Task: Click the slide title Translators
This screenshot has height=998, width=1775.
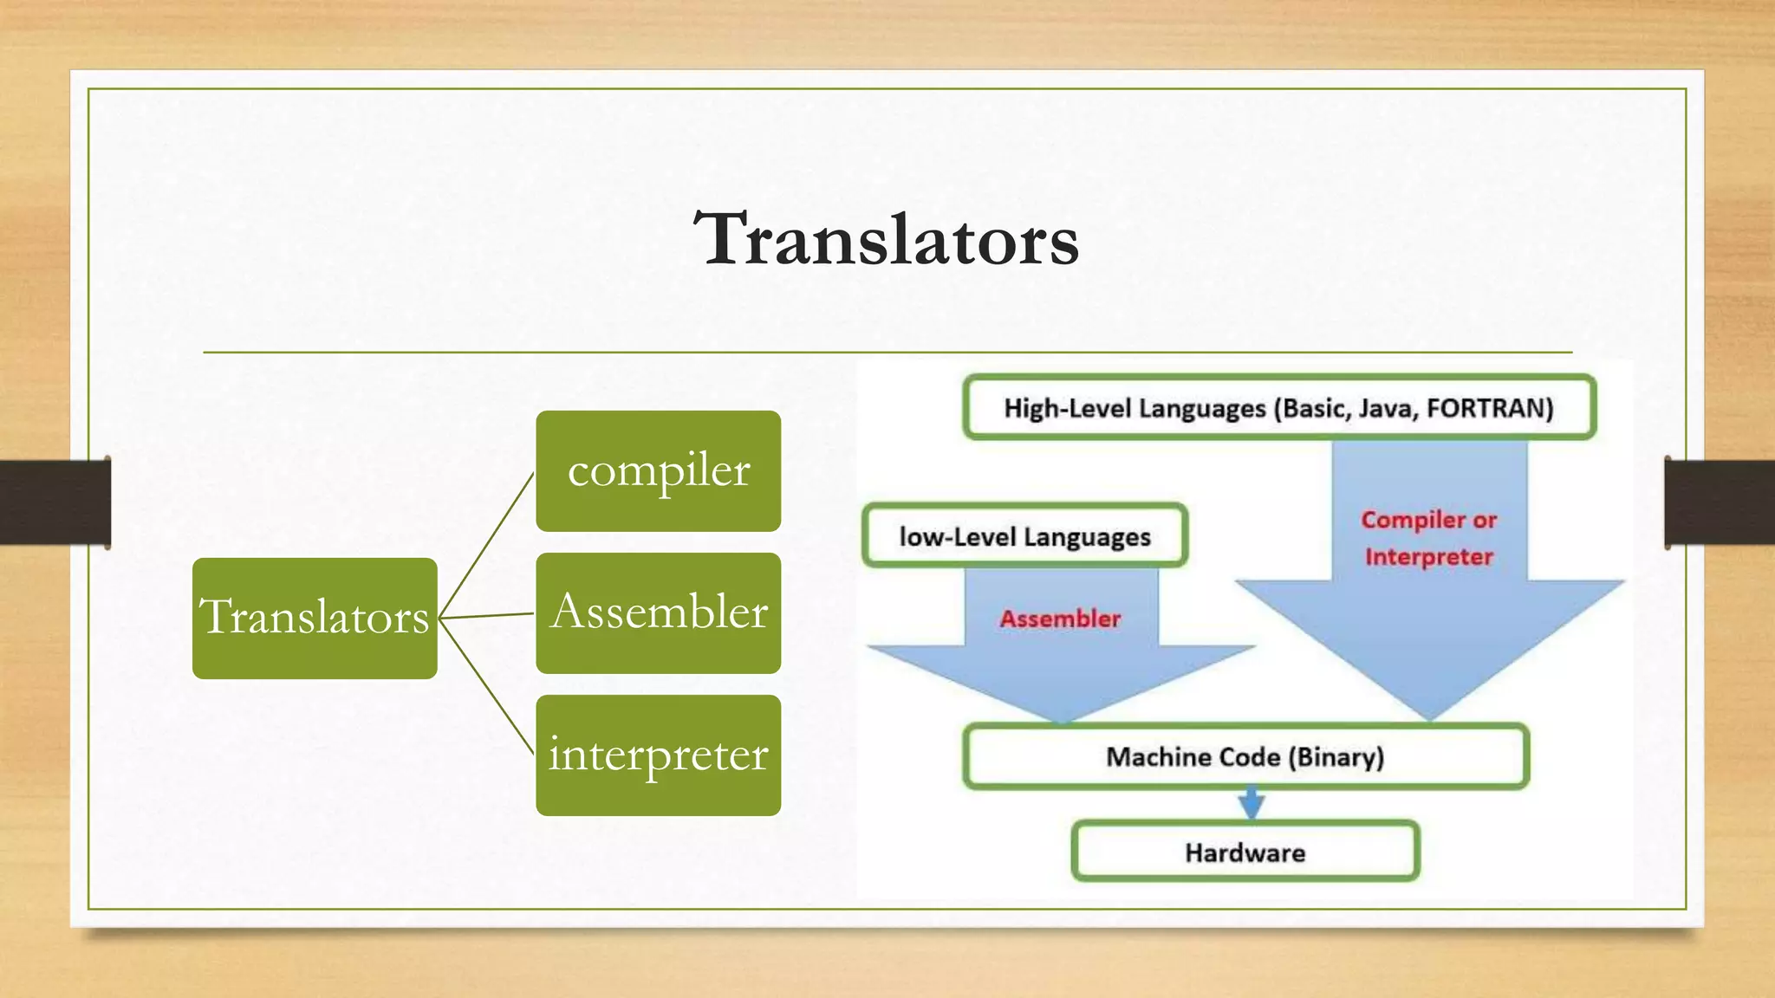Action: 887,239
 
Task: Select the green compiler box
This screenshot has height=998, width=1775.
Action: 658,471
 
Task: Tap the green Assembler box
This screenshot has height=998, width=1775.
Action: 658,613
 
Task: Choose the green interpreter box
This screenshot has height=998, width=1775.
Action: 658,755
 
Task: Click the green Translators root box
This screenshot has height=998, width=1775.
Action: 315,618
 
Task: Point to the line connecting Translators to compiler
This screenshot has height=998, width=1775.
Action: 486,545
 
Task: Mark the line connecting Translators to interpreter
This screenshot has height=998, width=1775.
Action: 486,686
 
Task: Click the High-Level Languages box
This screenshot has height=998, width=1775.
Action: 1279,407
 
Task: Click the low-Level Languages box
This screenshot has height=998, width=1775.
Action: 1024,536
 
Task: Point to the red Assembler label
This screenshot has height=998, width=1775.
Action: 1060,619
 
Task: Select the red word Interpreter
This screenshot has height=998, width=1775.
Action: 1429,556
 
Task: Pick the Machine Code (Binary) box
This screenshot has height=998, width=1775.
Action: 1245,757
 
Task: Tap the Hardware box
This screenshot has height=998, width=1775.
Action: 1245,852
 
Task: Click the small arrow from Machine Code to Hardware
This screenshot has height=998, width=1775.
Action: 1250,804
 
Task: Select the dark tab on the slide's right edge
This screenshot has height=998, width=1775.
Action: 1720,502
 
